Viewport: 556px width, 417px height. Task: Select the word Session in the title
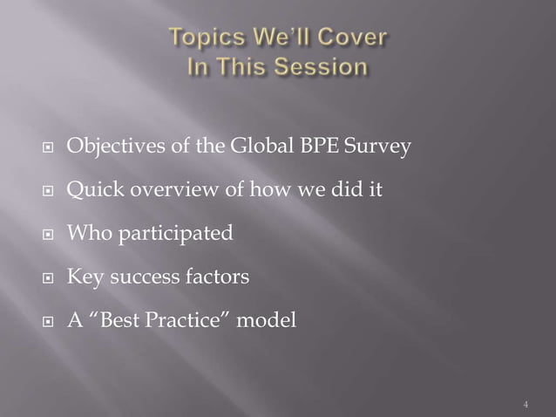[x=320, y=67]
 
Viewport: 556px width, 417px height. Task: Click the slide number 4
[x=526, y=405]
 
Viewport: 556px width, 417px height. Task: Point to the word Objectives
[x=114, y=146]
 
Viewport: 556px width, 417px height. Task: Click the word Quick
[x=92, y=189]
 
